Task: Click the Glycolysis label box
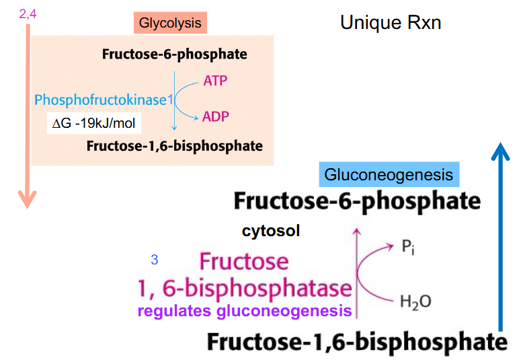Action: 170,23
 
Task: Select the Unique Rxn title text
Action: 390,24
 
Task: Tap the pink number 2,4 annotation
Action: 27,11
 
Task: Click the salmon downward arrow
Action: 26,114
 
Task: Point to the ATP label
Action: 215,81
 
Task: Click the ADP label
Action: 215,117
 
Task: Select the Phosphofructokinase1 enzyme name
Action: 104,100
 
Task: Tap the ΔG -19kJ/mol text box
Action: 94,124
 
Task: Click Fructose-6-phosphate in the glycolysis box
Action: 174,54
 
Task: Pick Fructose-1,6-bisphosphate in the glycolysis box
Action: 174,145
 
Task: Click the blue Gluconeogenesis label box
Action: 389,175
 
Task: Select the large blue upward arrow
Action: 499,236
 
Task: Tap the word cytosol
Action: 271,231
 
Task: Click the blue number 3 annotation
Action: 155,260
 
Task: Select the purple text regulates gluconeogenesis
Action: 245,311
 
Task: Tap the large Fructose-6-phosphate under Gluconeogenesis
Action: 357,201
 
